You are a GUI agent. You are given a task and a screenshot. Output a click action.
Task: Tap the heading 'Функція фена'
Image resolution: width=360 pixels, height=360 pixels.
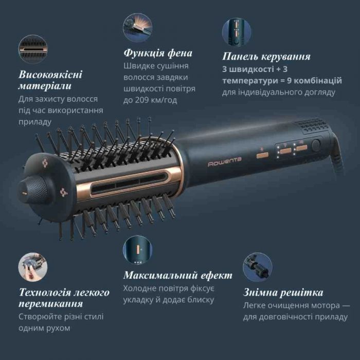click(x=158, y=53)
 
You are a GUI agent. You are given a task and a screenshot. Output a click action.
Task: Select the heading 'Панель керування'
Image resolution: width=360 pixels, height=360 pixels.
click(x=266, y=57)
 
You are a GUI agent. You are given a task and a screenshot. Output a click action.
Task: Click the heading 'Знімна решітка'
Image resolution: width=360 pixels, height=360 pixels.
click(x=283, y=293)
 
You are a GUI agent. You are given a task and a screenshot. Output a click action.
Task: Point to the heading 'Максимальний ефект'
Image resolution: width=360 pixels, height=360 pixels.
click(x=177, y=275)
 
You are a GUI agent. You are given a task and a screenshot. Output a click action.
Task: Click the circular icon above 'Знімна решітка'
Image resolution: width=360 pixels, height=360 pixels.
click(x=258, y=266)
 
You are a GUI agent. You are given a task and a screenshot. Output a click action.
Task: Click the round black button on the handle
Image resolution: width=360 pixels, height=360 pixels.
click(x=315, y=145)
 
